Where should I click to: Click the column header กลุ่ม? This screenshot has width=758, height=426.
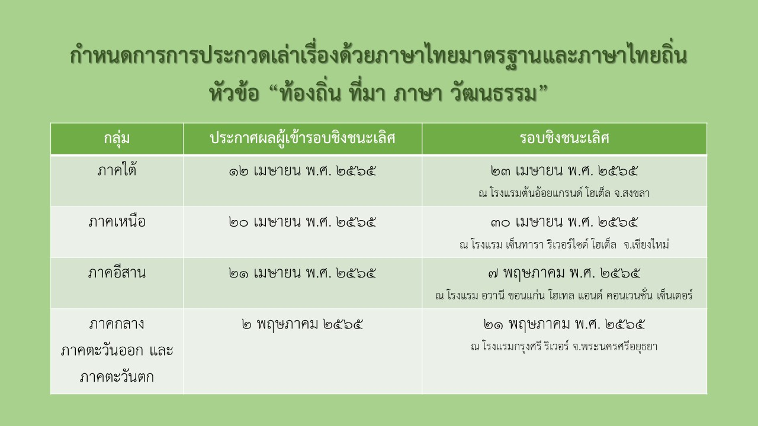click(x=117, y=139)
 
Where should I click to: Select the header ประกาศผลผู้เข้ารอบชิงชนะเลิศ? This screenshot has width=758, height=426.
click(x=303, y=139)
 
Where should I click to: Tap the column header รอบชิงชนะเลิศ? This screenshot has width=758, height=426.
click(x=564, y=139)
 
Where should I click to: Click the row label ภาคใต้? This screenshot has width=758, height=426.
click(x=117, y=171)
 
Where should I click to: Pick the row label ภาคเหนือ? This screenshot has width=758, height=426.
click(x=117, y=222)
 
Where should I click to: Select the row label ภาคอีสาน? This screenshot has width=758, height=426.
click(x=117, y=274)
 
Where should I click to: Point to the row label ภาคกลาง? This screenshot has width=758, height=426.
click(x=117, y=325)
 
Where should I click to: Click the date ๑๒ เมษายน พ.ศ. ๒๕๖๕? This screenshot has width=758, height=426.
click(x=303, y=171)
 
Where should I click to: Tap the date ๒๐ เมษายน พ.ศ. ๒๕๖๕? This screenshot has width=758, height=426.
click(x=303, y=222)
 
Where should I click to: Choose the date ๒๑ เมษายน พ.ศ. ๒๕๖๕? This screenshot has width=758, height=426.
click(x=303, y=274)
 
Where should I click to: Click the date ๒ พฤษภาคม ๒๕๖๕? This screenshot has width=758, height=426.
click(x=303, y=325)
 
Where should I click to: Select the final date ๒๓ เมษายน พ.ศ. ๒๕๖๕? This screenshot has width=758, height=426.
click(x=564, y=171)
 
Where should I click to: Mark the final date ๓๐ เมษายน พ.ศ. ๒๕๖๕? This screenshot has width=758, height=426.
click(x=564, y=222)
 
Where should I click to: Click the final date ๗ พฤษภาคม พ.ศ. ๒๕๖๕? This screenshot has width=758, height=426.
click(x=564, y=274)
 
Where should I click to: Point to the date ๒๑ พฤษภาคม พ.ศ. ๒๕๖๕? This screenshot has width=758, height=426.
click(x=564, y=325)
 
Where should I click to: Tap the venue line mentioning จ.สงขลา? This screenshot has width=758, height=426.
click(x=564, y=193)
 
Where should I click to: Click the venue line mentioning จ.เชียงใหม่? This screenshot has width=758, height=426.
click(x=564, y=244)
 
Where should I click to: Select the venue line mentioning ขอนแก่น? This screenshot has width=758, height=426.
click(x=564, y=295)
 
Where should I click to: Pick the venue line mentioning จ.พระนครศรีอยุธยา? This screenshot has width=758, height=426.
click(x=564, y=347)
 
